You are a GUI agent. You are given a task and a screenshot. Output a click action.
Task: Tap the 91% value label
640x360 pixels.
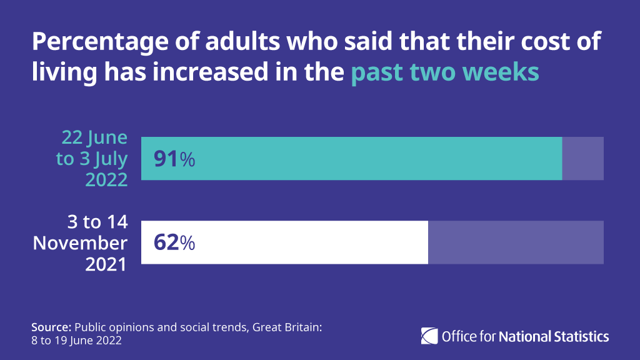pos(174,159)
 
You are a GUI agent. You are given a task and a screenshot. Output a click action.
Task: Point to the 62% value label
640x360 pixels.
pos(174,242)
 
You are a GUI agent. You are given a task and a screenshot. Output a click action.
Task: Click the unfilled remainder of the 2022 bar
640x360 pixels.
pos(582,159)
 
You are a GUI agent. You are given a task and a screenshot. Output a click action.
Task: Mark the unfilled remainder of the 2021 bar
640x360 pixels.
pos(516,242)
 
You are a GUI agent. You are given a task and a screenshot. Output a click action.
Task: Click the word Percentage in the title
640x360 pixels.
pos(90,42)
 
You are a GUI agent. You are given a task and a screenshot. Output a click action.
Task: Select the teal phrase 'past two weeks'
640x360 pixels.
pos(444,72)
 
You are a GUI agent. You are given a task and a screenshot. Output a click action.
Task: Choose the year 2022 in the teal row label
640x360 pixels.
pos(106,179)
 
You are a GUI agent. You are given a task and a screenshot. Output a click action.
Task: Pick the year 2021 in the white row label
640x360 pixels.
pos(106,263)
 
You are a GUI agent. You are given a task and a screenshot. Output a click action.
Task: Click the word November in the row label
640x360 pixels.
pos(81,242)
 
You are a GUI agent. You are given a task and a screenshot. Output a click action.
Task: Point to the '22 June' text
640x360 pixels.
pos(94,138)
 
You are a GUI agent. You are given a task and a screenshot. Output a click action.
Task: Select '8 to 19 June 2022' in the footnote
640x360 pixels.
pos(76,341)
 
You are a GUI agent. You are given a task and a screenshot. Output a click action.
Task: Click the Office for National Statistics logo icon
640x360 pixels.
pos(429,336)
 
